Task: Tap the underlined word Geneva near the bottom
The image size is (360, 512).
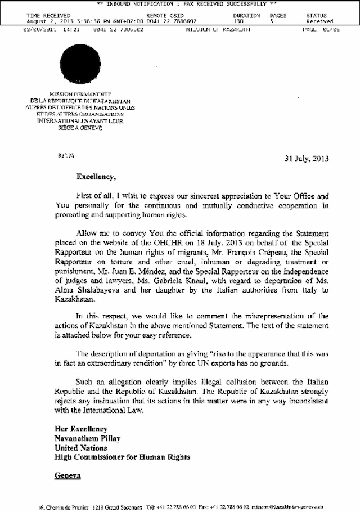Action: point(67,475)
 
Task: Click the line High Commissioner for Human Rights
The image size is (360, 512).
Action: point(121,457)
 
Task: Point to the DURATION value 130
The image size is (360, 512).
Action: point(238,20)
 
